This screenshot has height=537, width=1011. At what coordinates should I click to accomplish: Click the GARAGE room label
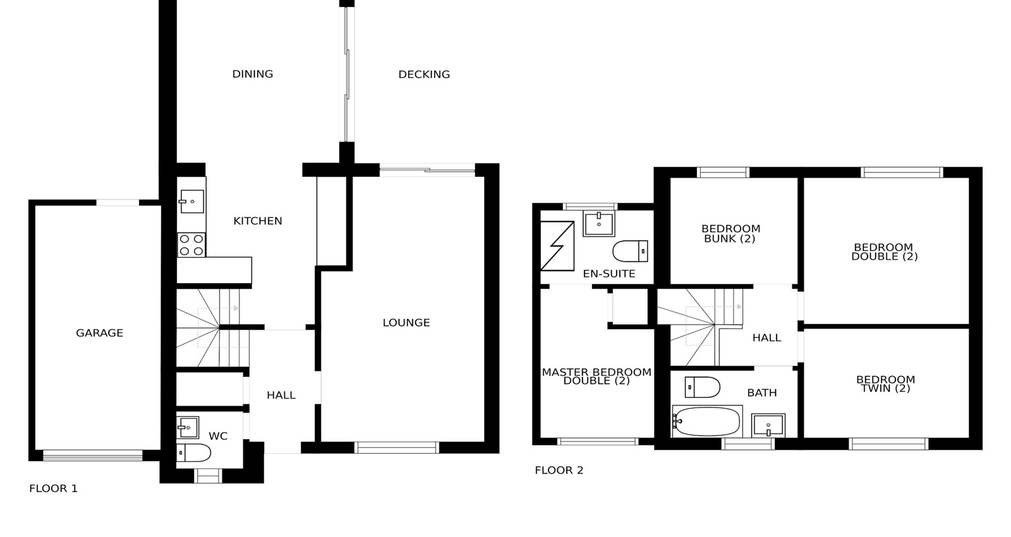point(99,333)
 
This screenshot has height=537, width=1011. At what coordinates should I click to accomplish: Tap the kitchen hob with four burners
point(191,245)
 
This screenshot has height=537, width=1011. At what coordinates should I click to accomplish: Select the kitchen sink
point(192,202)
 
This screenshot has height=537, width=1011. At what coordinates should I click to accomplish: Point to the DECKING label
point(424,75)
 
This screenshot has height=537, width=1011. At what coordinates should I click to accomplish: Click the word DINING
point(253,74)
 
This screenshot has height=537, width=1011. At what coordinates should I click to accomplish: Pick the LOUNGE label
point(406,323)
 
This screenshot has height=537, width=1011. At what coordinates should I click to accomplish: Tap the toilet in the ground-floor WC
point(193,452)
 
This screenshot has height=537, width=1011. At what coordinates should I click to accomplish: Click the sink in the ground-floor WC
point(188,427)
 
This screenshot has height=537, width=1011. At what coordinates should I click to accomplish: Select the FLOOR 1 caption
point(53,488)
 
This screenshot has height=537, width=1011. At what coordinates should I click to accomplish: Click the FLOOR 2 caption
point(559,470)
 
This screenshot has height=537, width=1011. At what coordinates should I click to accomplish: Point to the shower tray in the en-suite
point(557,246)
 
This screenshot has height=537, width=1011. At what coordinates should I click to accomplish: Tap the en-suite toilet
point(631,251)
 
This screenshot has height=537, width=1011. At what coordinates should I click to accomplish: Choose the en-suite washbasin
point(599,224)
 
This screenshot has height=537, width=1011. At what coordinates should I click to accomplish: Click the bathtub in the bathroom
point(707,421)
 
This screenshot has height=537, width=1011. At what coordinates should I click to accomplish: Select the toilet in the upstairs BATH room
point(702,387)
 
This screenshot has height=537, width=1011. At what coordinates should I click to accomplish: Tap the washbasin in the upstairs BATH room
point(768,426)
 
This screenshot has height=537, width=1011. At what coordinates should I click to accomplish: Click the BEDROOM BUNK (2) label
point(730,234)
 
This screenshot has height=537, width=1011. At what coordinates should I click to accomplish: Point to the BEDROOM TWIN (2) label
point(885,384)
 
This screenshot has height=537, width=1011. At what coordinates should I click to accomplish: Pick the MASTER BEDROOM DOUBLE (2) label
point(596,377)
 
